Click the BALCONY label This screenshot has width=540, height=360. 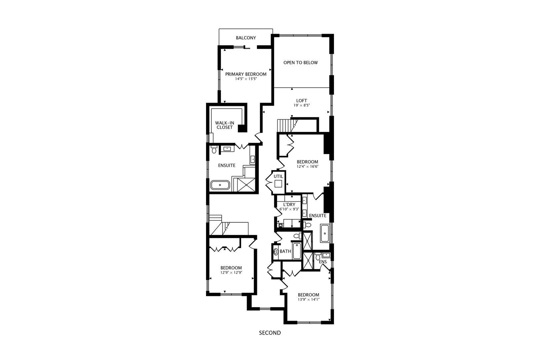point(246,38)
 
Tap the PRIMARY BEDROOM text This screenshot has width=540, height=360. point(246,74)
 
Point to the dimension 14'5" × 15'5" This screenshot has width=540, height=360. point(246,79)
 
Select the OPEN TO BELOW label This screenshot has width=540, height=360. point(300,63)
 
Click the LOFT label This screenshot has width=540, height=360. point(301,101)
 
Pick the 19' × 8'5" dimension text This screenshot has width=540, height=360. point(301,105)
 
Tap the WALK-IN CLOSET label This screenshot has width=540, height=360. point(224,125)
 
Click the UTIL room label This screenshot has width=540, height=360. point(278,176)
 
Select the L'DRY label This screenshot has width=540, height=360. point(289,205)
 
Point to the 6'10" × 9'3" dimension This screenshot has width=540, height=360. point(289,209)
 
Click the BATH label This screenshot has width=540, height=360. point(285,251)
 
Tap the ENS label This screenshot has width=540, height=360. point(323,262)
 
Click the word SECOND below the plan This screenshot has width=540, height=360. point(270,333)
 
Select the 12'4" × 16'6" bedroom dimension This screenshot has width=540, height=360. point(307,167)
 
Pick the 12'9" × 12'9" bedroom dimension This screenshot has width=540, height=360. point(231,272)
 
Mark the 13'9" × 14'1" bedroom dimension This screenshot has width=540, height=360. point(308,299)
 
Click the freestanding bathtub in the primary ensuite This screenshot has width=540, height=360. point(220,185)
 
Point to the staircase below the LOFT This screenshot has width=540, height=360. point(285,126)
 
